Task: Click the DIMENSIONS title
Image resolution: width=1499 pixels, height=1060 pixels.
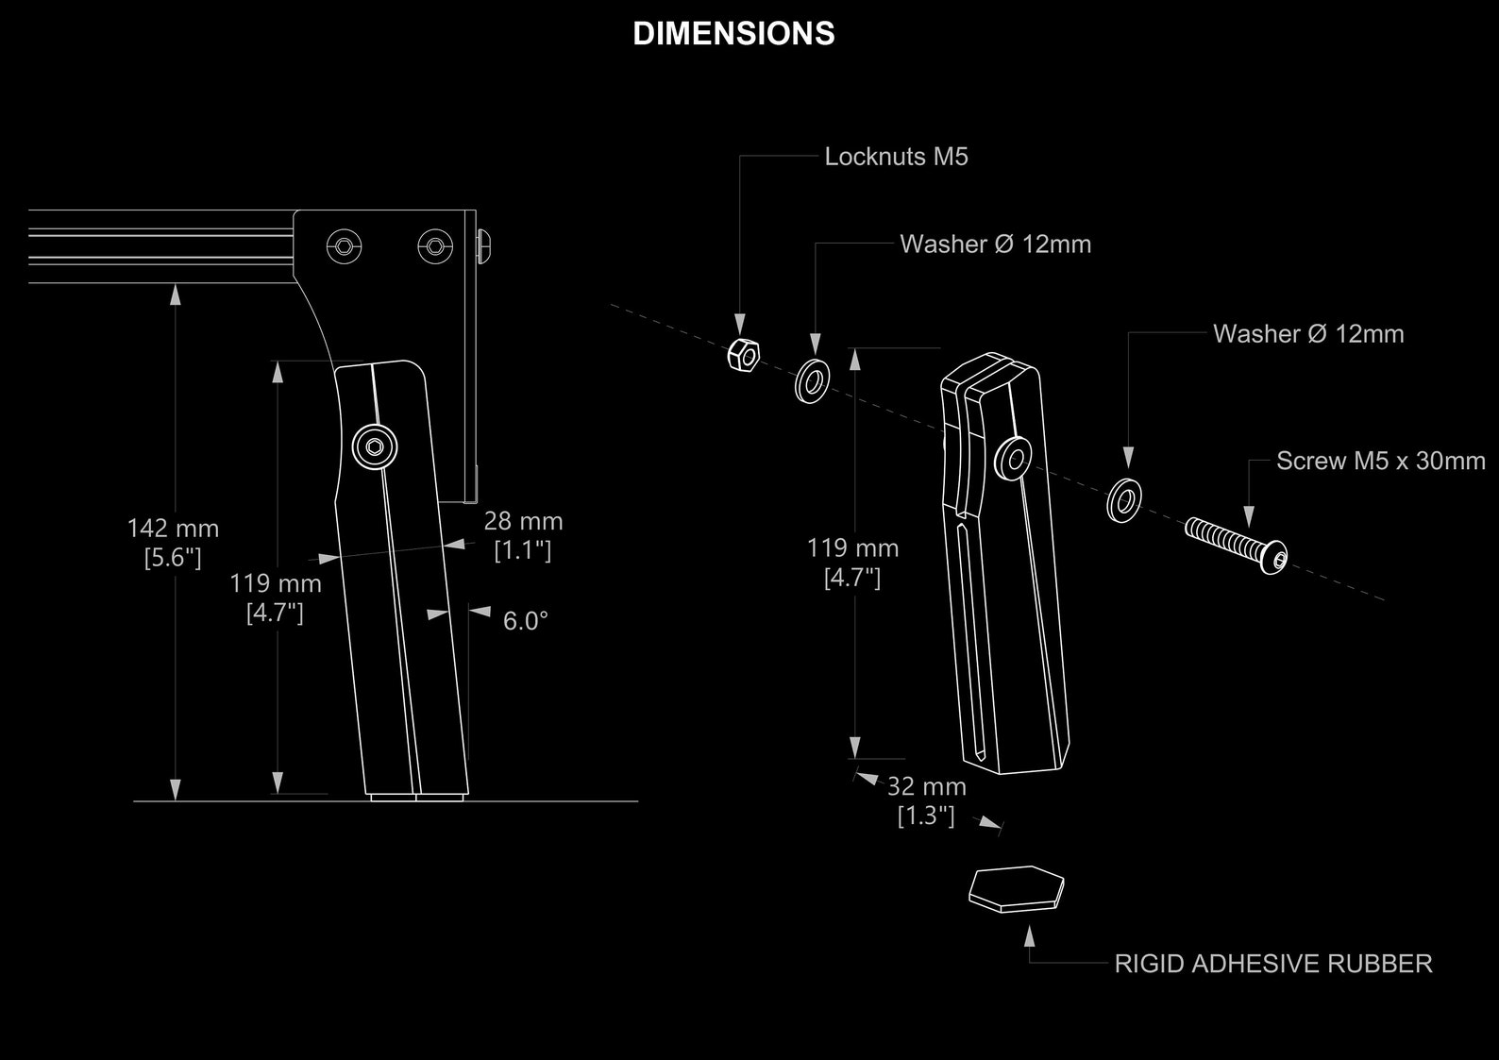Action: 733,34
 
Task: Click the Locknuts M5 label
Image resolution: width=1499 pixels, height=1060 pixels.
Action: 896,157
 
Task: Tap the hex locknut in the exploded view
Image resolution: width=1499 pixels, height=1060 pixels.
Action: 743,355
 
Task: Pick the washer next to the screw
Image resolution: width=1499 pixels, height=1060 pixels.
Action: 1123,500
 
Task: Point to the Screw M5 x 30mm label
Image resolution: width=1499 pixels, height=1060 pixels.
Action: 1380,462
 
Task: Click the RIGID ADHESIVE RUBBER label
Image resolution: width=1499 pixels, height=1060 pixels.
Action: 1272,964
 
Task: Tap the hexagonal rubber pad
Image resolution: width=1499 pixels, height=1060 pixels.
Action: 1017,888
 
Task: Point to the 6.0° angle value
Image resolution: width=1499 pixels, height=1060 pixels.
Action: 525,621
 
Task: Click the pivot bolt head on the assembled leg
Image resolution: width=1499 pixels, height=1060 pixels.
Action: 375,447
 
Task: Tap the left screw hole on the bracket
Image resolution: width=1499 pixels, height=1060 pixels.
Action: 344,246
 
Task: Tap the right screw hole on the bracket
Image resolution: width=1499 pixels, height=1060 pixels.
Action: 434,246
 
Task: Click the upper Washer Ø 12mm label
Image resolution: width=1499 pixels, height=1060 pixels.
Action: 995,244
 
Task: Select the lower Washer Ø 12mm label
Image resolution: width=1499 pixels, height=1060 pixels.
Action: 1307,334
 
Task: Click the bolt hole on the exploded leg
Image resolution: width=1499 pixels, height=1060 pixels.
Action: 1015,460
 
